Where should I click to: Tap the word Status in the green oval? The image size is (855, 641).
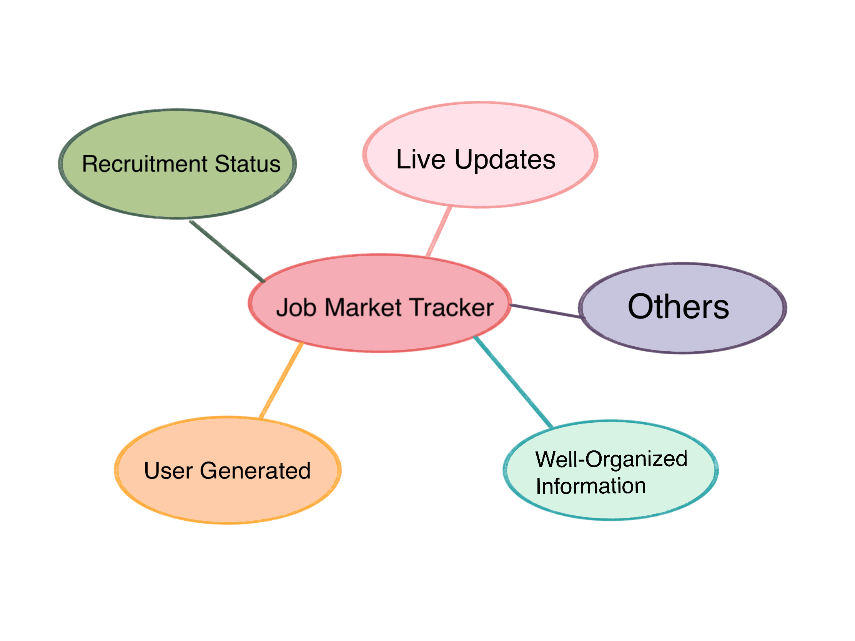click(247, 164)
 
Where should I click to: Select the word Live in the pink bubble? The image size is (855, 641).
click(421, 159)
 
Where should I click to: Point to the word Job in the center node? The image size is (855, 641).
click(296, 308)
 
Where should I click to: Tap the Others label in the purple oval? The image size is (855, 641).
click(679, 307)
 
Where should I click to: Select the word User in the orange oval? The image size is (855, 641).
click(168, 471)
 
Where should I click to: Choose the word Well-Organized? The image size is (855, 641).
click(611, 459)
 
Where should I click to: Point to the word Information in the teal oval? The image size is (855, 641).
click(591, 486)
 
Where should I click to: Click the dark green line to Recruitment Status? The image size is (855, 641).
click(227, 251)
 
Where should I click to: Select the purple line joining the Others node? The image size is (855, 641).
click(545, 311)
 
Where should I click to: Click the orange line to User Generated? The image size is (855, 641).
click(281, 380)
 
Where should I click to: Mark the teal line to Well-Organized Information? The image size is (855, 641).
click(513, 382)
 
